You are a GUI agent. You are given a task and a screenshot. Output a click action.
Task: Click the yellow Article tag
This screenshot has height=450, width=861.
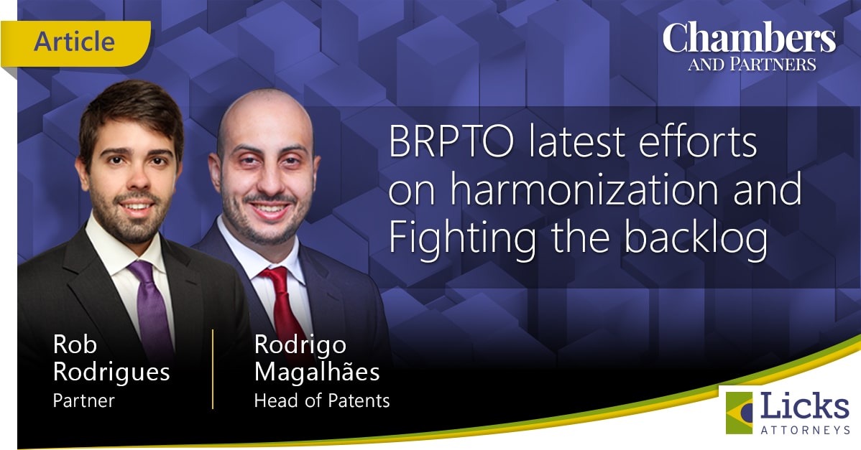pyautogui.click(x=75, y=43)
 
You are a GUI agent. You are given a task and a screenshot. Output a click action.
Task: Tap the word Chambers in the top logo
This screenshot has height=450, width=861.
pyautogui.click(x=750, y=38)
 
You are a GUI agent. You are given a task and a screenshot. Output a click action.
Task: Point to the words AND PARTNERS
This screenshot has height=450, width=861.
pyautogui.click(x=752, y=65)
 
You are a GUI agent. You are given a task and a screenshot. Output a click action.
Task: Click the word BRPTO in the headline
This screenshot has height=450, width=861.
pyautogui.click(x=451, y=141)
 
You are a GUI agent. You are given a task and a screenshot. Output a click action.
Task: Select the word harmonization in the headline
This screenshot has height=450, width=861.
pyautogui.click(x=584, y=189)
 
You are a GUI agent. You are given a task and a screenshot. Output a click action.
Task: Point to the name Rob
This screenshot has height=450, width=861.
pyautogui.click(x=75, y=344)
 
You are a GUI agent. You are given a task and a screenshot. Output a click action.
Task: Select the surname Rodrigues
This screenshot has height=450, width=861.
pyautogui.click(x=111, y=372)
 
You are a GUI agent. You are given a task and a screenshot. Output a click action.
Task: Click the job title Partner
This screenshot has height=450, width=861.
pyautogui.click(x=84, y=400)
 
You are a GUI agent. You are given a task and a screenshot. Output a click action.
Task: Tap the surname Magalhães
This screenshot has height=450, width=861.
pyautogui.click(x=317, y=372)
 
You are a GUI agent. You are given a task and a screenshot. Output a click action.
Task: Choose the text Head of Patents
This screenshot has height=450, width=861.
pyautogui.click(x=322, y=400)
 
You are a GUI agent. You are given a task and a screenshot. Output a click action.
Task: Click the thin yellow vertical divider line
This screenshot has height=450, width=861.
pyautogui.click(x=213, y=369)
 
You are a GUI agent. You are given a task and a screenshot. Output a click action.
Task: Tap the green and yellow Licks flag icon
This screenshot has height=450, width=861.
pyautogui.click(x=739, y=413)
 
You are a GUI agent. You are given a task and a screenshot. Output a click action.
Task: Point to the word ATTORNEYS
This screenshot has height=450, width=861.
pyautogui.click(x=805, y=430)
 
